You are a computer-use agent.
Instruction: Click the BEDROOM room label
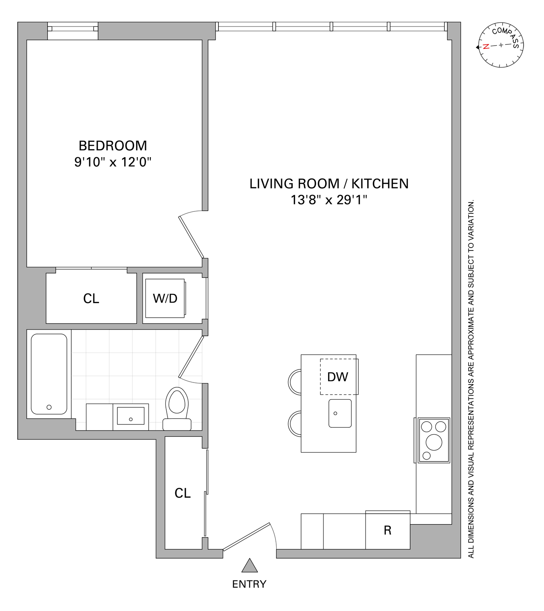[112, 146]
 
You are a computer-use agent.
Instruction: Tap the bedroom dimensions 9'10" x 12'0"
[112, 162]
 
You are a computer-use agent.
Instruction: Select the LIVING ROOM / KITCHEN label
[329, 184]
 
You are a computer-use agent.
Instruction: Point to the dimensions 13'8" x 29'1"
[329, 200]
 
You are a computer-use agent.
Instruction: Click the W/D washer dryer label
[165, 299]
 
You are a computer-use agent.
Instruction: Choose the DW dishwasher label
[337, 377]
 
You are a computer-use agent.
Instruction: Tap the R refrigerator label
[388, 530]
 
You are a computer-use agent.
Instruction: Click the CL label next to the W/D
[91, 299]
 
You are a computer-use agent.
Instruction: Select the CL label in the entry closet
[183, 493]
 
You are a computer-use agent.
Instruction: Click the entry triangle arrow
[250, 566]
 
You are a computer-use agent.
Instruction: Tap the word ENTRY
[249, 584]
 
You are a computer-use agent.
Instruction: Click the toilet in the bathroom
[177, 405]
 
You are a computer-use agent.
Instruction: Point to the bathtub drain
[49, 407]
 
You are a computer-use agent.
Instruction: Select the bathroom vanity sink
[130, 415]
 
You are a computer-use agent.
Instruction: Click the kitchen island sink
[340, 413]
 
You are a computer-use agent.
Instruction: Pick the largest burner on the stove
[434, 442]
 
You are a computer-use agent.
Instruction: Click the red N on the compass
[486, 46]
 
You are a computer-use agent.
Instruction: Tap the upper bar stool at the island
[295, 382]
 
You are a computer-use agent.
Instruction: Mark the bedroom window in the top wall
[73, 29]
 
